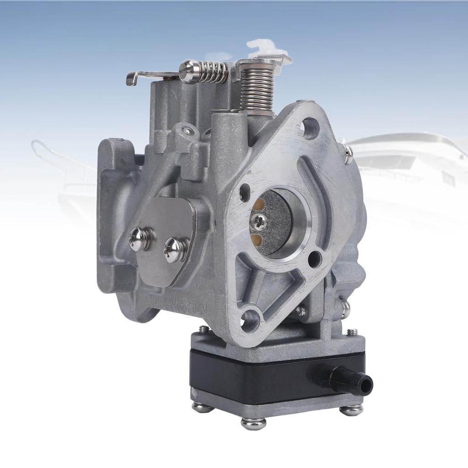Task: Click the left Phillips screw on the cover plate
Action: (x=139, y=239)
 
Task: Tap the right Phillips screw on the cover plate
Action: (x=175, y=250)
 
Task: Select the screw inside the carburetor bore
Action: (x=259, y=221)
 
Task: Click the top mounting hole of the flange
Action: (x=310, y=128)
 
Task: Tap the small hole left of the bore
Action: (x=245, y=192)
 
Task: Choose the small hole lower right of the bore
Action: (x=314, y=259)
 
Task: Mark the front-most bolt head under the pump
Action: (x=253, y=423)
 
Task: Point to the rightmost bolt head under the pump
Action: (x=351, y=409)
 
